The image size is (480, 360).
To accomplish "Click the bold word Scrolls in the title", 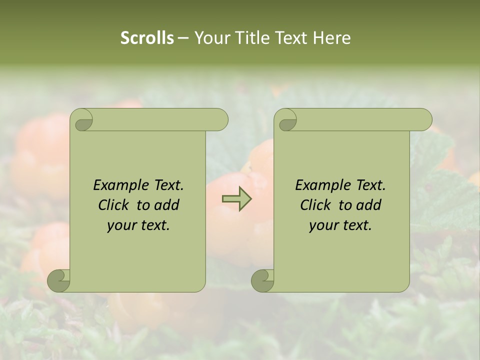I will point(147,38).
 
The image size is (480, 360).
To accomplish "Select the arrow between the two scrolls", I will point(236,199).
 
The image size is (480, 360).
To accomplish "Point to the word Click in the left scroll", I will point(113,205).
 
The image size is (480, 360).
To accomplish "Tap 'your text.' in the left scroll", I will point(138,225).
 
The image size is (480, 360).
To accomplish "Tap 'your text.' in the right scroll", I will point(340,225).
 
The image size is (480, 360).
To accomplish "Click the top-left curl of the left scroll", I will point(82,120).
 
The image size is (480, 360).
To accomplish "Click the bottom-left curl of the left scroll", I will point(58,280).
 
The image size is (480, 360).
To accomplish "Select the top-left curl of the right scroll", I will point(286,120).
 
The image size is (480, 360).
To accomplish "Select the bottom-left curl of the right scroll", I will point(262,280).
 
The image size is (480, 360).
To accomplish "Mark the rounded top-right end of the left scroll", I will point(220,119).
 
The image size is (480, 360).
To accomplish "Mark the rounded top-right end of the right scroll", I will point(424,119).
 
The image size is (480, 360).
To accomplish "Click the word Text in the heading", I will point(290,38).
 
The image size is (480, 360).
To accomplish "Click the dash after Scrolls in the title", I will point(183,38).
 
